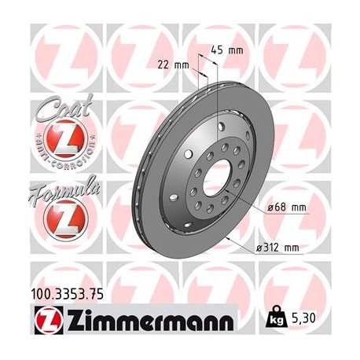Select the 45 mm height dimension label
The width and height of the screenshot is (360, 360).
228,50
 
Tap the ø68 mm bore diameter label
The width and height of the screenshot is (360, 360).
284,207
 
